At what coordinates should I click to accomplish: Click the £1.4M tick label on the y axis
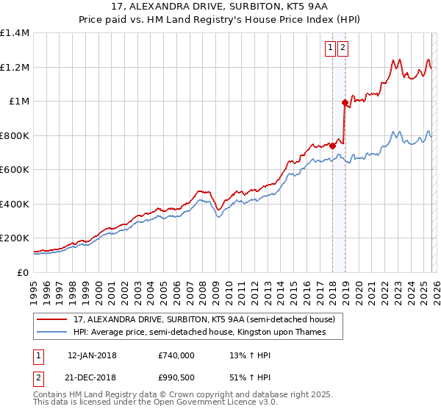coord(14,33)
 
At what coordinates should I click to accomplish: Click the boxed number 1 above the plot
coord(331,49)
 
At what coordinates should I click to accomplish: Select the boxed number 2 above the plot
coord(343,49)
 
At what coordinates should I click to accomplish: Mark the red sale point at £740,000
coord(332,146)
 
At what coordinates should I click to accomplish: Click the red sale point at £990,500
coord(345,103)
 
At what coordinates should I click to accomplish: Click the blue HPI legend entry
coord(199,332)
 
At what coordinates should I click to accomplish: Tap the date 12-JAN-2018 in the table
coord(92,355)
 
